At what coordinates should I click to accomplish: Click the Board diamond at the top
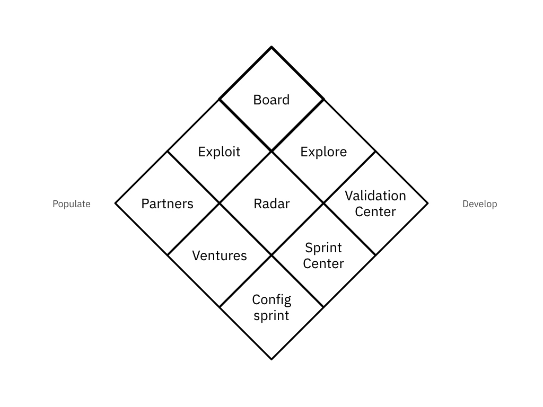(x=271, y=99)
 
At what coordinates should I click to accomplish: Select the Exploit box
(x=219, y=152)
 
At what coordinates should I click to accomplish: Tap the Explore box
(x=323, y=152)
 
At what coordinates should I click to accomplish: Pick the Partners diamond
(x=167, y=203)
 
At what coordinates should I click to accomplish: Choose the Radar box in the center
(x=271, y=203)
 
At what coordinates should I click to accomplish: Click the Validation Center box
(x=375, y=203)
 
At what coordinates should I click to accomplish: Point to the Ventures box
(x=219, y=255)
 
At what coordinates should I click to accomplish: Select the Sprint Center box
(x=323, y=255)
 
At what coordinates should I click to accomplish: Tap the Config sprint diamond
(x=271, y=307)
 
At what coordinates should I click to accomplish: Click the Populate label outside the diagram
(x=72, y=204)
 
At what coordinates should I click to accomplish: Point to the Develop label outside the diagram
(x=480, y=204)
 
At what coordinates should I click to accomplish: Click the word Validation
(x=375, y=196)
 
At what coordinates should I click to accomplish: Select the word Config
(x=271, y=300)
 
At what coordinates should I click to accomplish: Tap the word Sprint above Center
(x=323, y=247)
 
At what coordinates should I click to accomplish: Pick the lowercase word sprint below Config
(x=271, y=316)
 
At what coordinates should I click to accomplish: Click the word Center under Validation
(x=375, y=212)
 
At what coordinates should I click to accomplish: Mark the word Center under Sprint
(x=323, y=263)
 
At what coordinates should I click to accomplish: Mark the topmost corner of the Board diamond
(x=271, y=48)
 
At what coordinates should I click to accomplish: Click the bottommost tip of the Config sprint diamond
(x=271, y=359)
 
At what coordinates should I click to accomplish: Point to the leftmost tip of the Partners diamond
(x=116, y=203)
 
